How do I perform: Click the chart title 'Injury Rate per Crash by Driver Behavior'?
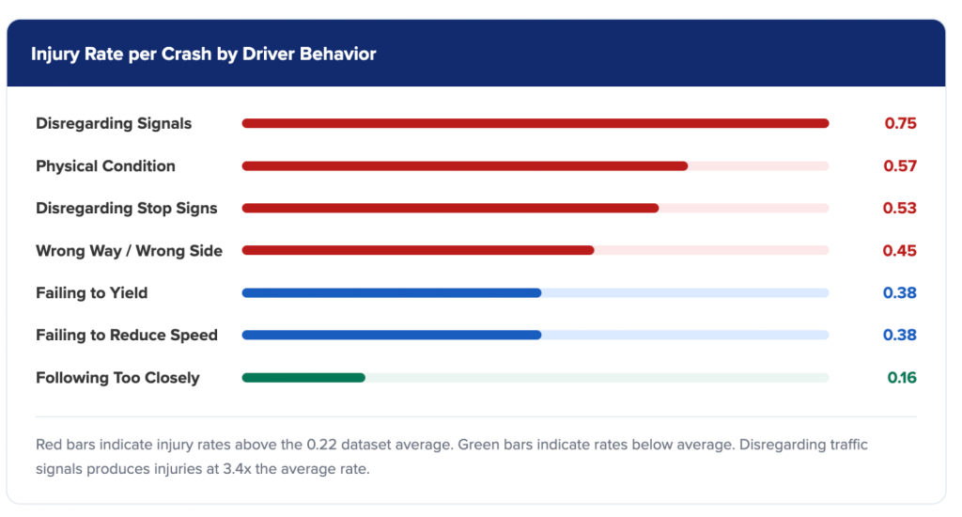(x=203, y=54)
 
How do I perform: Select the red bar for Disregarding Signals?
(x=535, y=123)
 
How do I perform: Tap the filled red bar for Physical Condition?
(x=464, y=166)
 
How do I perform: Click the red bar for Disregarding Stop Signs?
(x=450, y=209)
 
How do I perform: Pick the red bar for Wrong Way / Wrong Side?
(x=418, y=251)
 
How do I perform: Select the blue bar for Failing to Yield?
(x=391, y=293)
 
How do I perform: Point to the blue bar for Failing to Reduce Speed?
(x=391, y=336)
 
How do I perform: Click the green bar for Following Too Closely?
(x=303, y=378)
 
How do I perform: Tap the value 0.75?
(x=899, y=123)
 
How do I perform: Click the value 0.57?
(x=899, y=166)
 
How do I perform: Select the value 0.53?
(x=899, y=209)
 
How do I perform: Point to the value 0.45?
(x=899, y=251)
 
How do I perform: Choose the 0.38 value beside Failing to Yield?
(x=899, y=293)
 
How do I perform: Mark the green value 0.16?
(x=901, y=378)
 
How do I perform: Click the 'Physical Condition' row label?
(x=105, y=166)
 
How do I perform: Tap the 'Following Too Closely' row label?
(x=117, y=378)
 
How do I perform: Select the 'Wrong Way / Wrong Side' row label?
(x=129, y=251)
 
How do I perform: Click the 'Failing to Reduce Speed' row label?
(x=126, y=336)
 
